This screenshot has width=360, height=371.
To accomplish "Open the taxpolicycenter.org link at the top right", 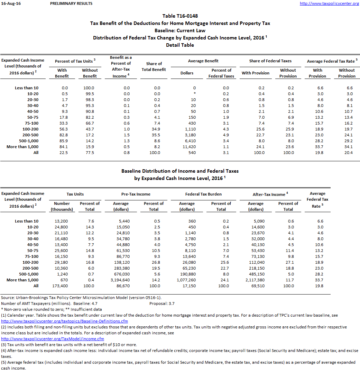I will pos(329,3).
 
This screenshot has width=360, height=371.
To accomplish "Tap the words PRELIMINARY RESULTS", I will pos(71,3).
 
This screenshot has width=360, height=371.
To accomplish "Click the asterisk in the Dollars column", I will pos(194,94).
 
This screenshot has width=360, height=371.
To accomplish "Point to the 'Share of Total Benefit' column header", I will pos(154,66).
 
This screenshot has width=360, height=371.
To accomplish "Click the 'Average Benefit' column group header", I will pos(203,61).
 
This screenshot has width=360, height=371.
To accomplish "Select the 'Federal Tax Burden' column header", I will pos(203,194).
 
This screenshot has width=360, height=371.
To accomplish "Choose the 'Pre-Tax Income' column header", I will pos(136,194).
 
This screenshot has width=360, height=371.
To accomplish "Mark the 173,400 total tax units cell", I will pos(60,286).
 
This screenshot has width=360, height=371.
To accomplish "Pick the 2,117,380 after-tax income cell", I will pos(256,280).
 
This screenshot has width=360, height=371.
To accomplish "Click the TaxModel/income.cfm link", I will pos(53,339).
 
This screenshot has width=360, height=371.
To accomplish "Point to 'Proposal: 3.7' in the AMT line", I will pos(162,304).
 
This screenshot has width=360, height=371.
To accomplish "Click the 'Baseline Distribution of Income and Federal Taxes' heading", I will pos(180,171).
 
